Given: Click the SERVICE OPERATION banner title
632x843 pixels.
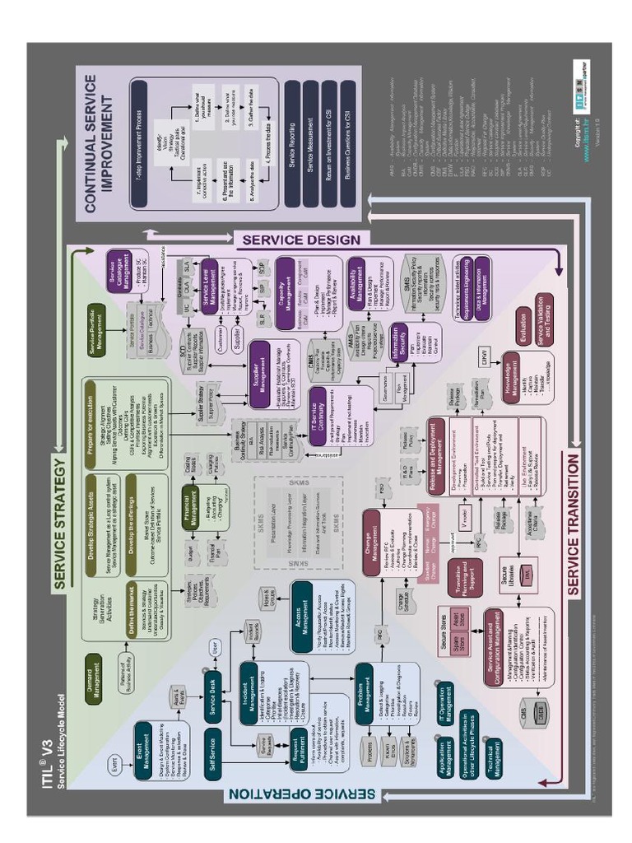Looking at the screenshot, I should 300,793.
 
